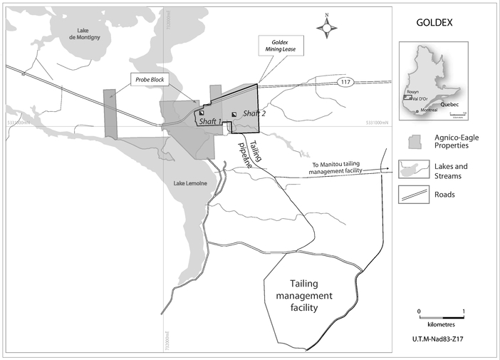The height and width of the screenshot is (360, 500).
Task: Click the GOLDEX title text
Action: tap(434, 22)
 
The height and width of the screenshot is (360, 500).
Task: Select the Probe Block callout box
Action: tap(149, 80)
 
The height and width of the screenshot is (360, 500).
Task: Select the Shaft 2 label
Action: tap(254, 113)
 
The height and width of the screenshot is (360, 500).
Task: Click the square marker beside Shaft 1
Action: tap(201, 113)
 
